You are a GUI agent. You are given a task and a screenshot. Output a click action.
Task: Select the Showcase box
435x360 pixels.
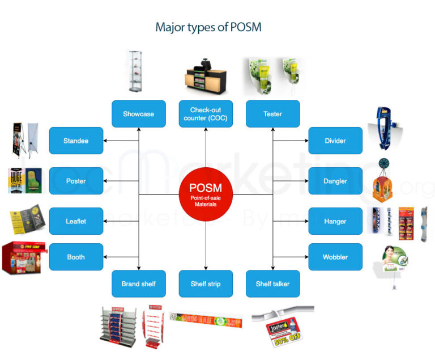pyautogui.click(x=138, y=114)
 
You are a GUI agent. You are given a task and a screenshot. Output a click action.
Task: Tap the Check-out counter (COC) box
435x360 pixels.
pyautogui.click(x=206, y=114)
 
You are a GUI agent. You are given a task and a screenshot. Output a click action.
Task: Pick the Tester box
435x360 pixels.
pyautogui.click(x=272, y=114)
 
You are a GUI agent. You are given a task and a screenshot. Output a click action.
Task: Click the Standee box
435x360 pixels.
pyautogui.click(x=76, y=141)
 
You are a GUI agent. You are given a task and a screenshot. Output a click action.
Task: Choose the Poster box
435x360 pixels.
pyautogui.click(x=76, y=181)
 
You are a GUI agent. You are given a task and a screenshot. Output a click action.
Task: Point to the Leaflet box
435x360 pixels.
pyautogui.click(x=76, y=221)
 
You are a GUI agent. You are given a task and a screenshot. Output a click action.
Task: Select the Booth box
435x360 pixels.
pyautogui.click(x=76, y=257)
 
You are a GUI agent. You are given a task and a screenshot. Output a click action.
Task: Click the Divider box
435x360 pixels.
pyautogui.click(x=335, y=141)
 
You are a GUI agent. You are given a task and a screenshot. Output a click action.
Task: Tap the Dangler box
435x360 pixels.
pyautogui.click(x=335, y=181)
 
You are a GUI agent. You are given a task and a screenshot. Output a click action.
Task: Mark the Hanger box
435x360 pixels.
pyautogui.click(x=335, y=221)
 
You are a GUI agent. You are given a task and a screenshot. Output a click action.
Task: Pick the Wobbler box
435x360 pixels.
pyautogui.click(x=335, y=257)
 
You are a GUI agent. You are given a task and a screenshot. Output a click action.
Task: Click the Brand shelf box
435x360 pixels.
pyautogui.click(x=138, y=284)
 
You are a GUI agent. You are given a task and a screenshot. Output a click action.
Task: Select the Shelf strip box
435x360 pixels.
pyautogui.click(x=206, y=284)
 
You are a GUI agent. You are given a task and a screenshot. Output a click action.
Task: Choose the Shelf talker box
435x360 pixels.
pyautogui.click(x=272, y=284)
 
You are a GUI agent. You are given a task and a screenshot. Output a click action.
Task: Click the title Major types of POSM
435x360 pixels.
pyautogui.click(x=208, y=27)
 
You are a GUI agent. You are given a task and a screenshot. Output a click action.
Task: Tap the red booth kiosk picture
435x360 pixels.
pyautogui.click(x=21, y=258)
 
